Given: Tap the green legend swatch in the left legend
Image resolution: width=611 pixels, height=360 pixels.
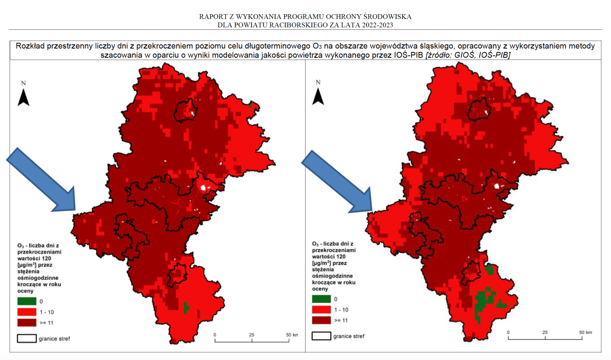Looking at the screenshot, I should [27, 302].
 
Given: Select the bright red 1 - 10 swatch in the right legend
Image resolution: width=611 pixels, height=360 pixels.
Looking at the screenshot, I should [321, 310].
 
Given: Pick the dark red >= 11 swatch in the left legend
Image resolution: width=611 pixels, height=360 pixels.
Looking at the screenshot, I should [27, 323].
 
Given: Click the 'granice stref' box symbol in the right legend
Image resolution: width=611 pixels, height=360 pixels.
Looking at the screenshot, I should [321, 336].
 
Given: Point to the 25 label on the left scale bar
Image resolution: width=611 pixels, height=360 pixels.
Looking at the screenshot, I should [252, 335].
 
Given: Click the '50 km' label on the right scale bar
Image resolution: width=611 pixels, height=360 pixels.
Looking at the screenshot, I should [585, 332].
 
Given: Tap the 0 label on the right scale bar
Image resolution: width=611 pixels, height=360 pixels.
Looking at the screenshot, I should [508, 333].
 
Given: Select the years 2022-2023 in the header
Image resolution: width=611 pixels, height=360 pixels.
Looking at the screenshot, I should [378, 25].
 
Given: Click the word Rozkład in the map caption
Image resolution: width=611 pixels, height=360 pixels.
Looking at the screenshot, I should [30, 46].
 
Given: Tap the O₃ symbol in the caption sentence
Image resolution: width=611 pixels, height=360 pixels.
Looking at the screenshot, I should [317, 46].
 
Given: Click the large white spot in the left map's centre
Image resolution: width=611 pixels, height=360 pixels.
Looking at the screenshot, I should [204, 187].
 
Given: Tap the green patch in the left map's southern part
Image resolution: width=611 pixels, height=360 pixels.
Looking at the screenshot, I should [186, 308].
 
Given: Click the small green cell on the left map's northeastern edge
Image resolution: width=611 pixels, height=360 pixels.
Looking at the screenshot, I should [251, 105].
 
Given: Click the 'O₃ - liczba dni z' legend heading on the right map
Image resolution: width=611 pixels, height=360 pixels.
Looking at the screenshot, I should [333, 244].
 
